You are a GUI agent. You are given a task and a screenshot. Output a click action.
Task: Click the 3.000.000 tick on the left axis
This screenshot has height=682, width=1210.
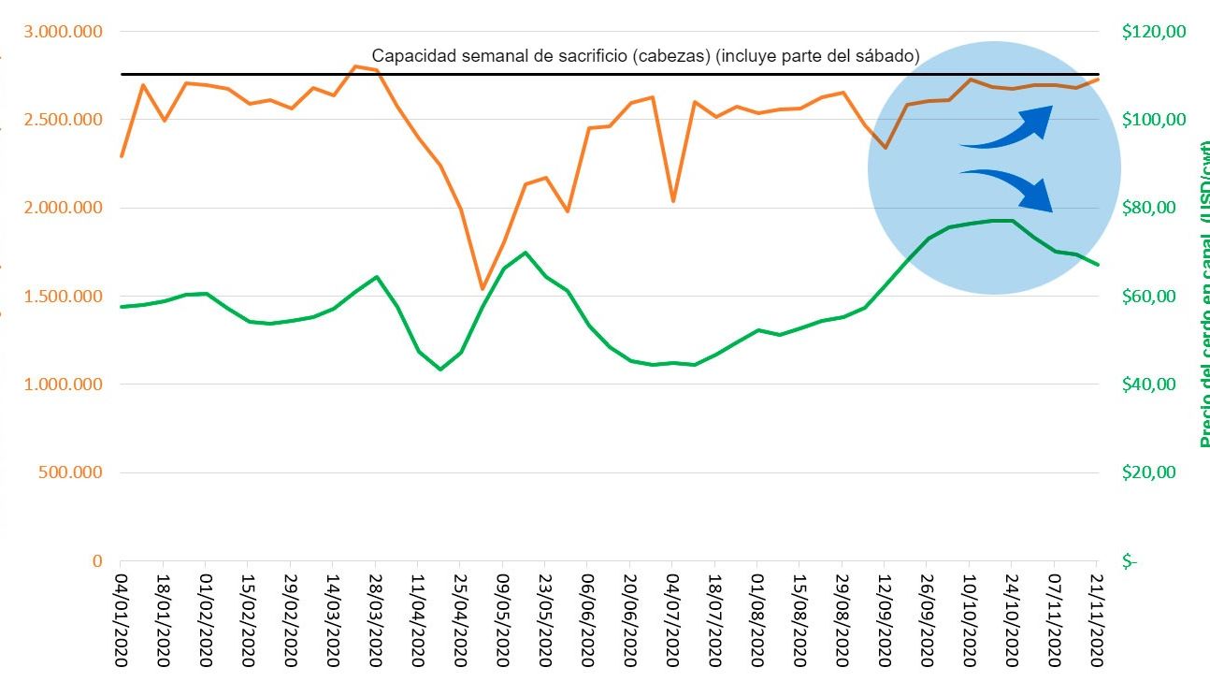[x=63, y=32]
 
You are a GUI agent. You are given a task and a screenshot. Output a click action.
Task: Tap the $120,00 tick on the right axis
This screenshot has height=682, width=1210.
[x=1153, y=32]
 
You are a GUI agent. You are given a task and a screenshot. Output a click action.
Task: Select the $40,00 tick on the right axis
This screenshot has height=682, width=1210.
[x=1153, y=385]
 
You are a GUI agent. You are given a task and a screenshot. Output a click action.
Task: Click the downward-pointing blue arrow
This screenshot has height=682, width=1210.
[x=1010, y=188]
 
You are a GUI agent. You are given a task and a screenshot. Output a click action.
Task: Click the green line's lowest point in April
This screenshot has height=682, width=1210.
[x=439, y=370]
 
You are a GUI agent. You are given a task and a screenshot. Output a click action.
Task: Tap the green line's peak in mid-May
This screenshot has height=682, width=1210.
[x=525, y=253]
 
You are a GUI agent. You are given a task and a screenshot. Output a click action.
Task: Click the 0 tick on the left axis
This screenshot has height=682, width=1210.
[x=96, y=561]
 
